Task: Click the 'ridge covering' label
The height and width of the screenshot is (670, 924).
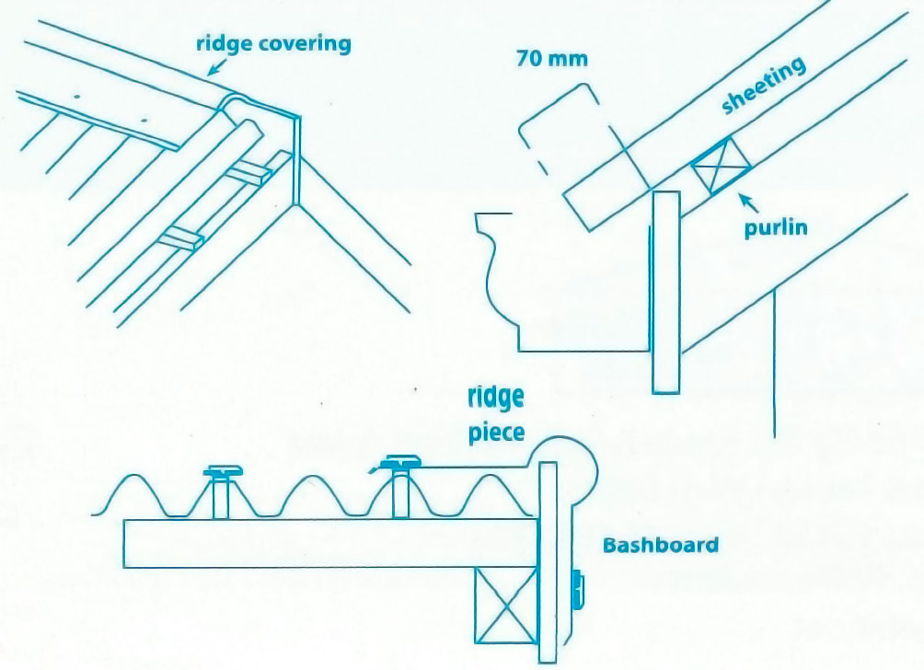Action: [273, 44]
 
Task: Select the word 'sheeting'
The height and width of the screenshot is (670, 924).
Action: [763, 87]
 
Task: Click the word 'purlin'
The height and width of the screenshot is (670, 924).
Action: [776, 226]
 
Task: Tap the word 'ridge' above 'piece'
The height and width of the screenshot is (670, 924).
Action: [496, 399]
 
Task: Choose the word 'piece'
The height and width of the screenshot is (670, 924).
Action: [497, 433]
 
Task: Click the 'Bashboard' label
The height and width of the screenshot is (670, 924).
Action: [660, 544]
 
